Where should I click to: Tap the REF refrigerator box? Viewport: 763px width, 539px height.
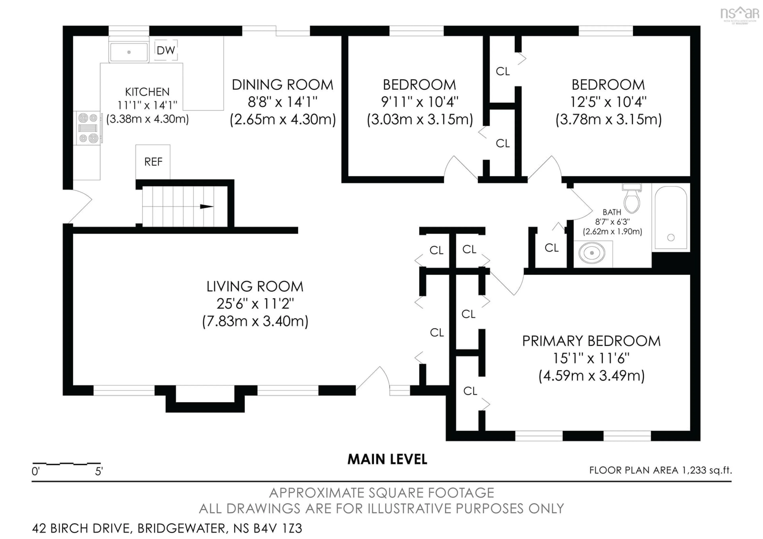click(153, 162)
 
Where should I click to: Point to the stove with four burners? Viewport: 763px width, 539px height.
click(88, 128)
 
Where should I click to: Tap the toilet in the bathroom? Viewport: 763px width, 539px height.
click(632, 199)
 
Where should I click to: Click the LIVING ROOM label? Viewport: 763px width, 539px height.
click(255, 286)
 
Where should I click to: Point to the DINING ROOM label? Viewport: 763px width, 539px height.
click(283, 85)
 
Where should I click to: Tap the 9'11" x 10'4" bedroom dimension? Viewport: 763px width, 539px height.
click(419, 102)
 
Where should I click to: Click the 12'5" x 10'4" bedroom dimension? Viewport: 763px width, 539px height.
click(608, 102)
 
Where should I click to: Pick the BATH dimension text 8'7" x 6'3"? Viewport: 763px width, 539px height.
click(612, 222)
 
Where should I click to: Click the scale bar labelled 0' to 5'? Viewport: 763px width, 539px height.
click(66, 463)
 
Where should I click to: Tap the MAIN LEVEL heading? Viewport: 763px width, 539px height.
click(387, 459)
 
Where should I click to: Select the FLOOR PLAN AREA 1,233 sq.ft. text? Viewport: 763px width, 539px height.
click(660, 470)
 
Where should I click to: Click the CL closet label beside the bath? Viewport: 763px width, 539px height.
click(551, 248)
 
